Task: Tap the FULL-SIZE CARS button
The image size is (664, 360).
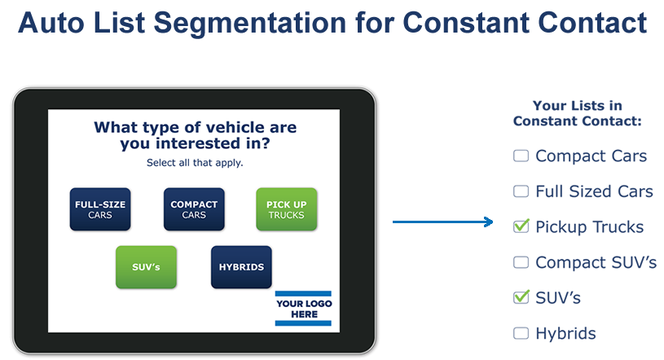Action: coord(100,209)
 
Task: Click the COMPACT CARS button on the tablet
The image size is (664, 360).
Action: coord(194,209)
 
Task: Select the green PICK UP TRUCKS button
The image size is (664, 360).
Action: coord(286,209)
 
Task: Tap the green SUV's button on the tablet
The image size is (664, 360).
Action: coord(146,267)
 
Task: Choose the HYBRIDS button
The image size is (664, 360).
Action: coord(241,267)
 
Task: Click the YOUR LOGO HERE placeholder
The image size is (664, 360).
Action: coord(304,309)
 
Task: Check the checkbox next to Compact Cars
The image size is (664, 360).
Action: coord(521,156)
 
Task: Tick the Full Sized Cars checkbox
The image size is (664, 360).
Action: coord(521,191)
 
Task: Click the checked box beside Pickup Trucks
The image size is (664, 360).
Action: coord(521,226)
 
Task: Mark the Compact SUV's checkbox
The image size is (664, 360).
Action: coord(521,262)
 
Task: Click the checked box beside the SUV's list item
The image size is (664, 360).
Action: coord(521,297)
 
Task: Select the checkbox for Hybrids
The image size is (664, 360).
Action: coord(521,333)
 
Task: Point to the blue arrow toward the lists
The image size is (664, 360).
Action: coord(443,222)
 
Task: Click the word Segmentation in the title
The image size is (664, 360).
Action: coord(250,24)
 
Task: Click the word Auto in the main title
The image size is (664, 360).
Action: coord(51,23)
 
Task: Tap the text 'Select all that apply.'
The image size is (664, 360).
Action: coord(195,163)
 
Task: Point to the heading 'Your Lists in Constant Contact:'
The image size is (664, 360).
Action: coord(578,113)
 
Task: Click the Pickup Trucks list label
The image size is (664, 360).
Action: coord(590,227)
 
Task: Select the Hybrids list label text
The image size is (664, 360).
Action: coord(565,334)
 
